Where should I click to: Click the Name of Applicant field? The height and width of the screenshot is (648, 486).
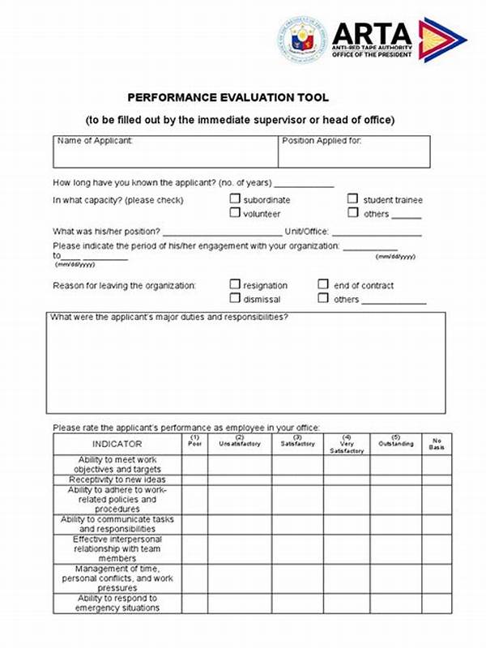[165, 152]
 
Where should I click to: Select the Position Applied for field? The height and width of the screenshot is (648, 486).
[355, 152]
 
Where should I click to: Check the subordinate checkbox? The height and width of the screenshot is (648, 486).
[235, 199]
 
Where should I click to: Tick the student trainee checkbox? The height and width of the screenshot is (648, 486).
[353, 199]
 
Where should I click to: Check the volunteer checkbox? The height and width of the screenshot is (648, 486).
[235, 213]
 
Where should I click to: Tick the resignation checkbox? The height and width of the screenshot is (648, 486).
[235, 285]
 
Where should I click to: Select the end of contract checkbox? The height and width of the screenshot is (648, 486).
[323, 285]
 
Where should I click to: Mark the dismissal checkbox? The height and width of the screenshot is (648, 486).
[235, 299]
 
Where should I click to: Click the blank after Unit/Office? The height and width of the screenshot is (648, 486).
[377, 232]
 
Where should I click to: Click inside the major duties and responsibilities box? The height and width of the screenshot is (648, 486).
[247, 364]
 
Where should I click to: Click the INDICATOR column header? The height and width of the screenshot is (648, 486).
[117, 444]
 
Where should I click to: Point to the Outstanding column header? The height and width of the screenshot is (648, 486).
[395, 444]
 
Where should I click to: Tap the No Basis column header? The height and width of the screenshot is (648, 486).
[436, 444]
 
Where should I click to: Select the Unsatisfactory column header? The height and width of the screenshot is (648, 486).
[239, 444]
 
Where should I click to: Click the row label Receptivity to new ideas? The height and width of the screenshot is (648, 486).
[117, 480]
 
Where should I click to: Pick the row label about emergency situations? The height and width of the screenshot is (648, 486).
[117, 603]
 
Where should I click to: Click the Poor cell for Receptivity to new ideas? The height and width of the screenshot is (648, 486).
[194, 480]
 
